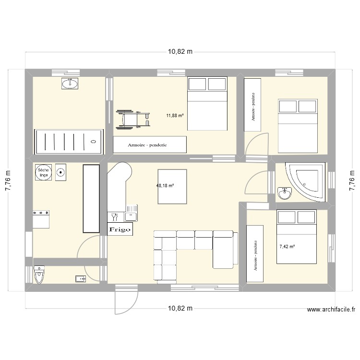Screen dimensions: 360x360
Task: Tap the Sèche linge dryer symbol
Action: (x=43, y=172)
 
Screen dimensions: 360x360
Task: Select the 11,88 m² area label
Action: (x=175, y=115)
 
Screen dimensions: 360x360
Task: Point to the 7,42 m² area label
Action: (x=287, y=247)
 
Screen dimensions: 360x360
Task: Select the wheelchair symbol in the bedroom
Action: (x=133, y=119)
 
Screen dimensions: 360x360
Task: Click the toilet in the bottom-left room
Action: (x=39, y=275)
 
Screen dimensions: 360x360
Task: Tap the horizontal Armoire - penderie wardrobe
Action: (x=150, y=144)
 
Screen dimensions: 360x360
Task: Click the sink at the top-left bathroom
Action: (x=70, y=84)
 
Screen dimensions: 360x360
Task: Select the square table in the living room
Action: (x=172, y=186)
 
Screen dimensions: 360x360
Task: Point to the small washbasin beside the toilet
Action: (x=80, y=278)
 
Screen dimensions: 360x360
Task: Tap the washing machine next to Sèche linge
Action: (x=61, y=172)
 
